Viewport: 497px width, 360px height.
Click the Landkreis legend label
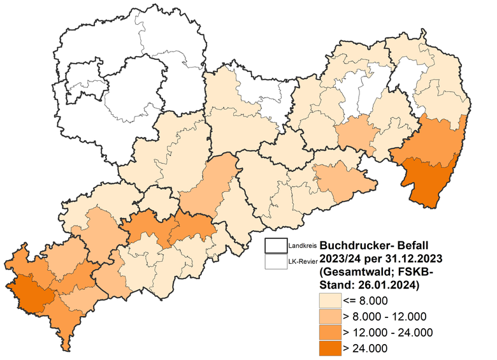coord(302,245)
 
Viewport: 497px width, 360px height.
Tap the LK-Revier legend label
coord(302,261)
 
